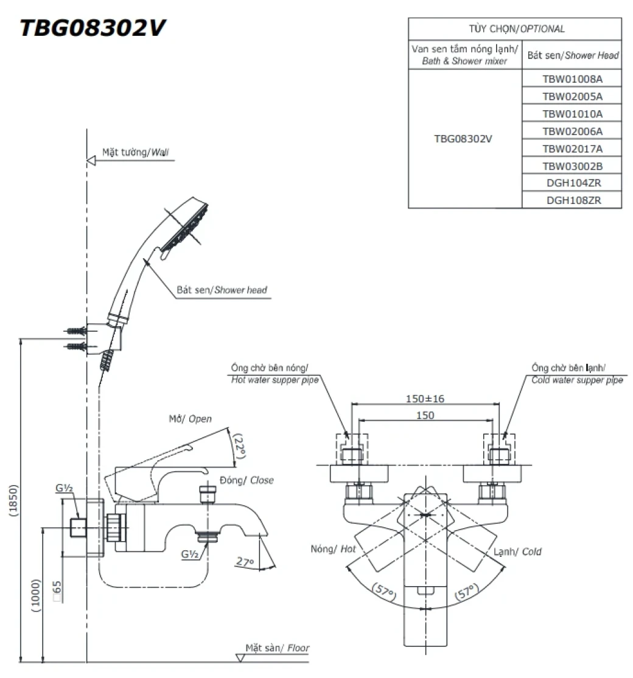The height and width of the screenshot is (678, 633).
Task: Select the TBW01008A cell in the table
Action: click(572, 79)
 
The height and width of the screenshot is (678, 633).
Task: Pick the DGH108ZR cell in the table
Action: click(572, 200)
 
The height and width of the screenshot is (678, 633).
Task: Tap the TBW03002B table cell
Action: click(572, 166)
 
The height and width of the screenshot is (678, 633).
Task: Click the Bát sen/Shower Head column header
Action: click(572, 55)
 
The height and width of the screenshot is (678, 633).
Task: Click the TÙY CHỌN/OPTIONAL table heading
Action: click(515, 29)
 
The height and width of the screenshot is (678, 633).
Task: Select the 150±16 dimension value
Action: click(425, 399)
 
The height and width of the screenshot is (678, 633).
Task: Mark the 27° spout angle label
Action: click(245, 562)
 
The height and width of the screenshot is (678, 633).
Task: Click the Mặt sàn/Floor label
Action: click(278, 648)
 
